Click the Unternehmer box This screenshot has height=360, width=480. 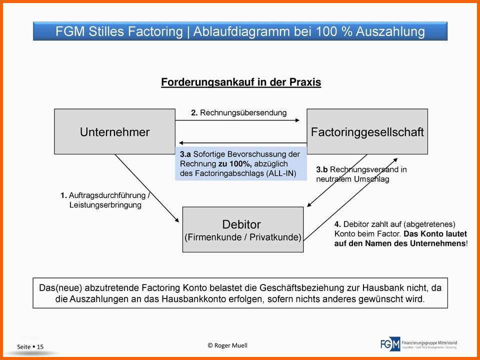[114, 131]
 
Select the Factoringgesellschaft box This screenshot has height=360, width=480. [367, 131]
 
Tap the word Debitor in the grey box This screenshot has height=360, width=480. [241, 224]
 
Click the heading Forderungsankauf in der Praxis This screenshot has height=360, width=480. [241, 82]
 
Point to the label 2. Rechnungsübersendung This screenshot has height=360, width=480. [239, 112]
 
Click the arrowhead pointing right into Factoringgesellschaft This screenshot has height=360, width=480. [297, 120]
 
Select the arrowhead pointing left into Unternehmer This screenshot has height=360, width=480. [182, 142]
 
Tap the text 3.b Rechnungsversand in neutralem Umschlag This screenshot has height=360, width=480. [361, 174]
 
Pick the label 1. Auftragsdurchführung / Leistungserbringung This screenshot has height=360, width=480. [104, 200]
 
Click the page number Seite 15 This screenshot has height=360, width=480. [30, 346]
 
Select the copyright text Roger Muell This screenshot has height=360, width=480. [227, 345]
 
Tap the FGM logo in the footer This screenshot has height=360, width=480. [390, 344]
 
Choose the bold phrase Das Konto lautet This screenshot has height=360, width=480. [435, 234]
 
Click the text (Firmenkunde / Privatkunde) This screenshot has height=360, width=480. [243, 237]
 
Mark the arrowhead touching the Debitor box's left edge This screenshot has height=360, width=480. [177, 220]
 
